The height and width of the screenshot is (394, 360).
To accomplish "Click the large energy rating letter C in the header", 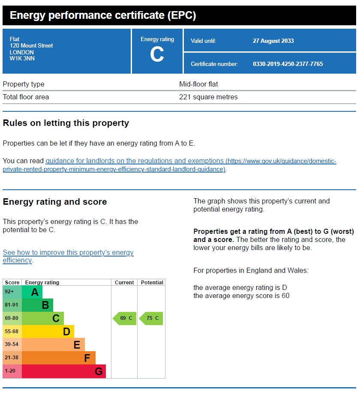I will point(157,54).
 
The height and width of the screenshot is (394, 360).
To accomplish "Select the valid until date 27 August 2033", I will point(273,41).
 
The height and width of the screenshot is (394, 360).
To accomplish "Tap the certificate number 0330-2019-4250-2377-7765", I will point(288,64).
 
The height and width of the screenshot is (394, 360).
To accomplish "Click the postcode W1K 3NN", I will point(22,59).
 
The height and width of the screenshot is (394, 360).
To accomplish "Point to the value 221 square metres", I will point(208,97).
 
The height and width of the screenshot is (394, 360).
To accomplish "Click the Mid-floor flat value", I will point(198,84).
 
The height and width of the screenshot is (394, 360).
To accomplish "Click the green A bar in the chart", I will point(32,292).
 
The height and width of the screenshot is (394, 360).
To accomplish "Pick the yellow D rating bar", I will point(48,331).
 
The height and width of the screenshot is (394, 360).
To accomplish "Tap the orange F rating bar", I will point(58,358).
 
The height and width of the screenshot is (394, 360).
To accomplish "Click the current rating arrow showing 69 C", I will point(125,318).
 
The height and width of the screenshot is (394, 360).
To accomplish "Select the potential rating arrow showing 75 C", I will point(151,318).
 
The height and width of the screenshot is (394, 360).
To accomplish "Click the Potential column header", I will point(152,283).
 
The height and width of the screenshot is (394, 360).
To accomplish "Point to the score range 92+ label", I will point(9,292).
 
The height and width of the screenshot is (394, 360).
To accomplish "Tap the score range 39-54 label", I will point(12,345).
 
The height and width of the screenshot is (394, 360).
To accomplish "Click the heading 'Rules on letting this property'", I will point(66,123).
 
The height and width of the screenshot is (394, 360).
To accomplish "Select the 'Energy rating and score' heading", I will point(55,202).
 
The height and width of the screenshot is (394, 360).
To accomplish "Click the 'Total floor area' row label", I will point(26,97).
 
